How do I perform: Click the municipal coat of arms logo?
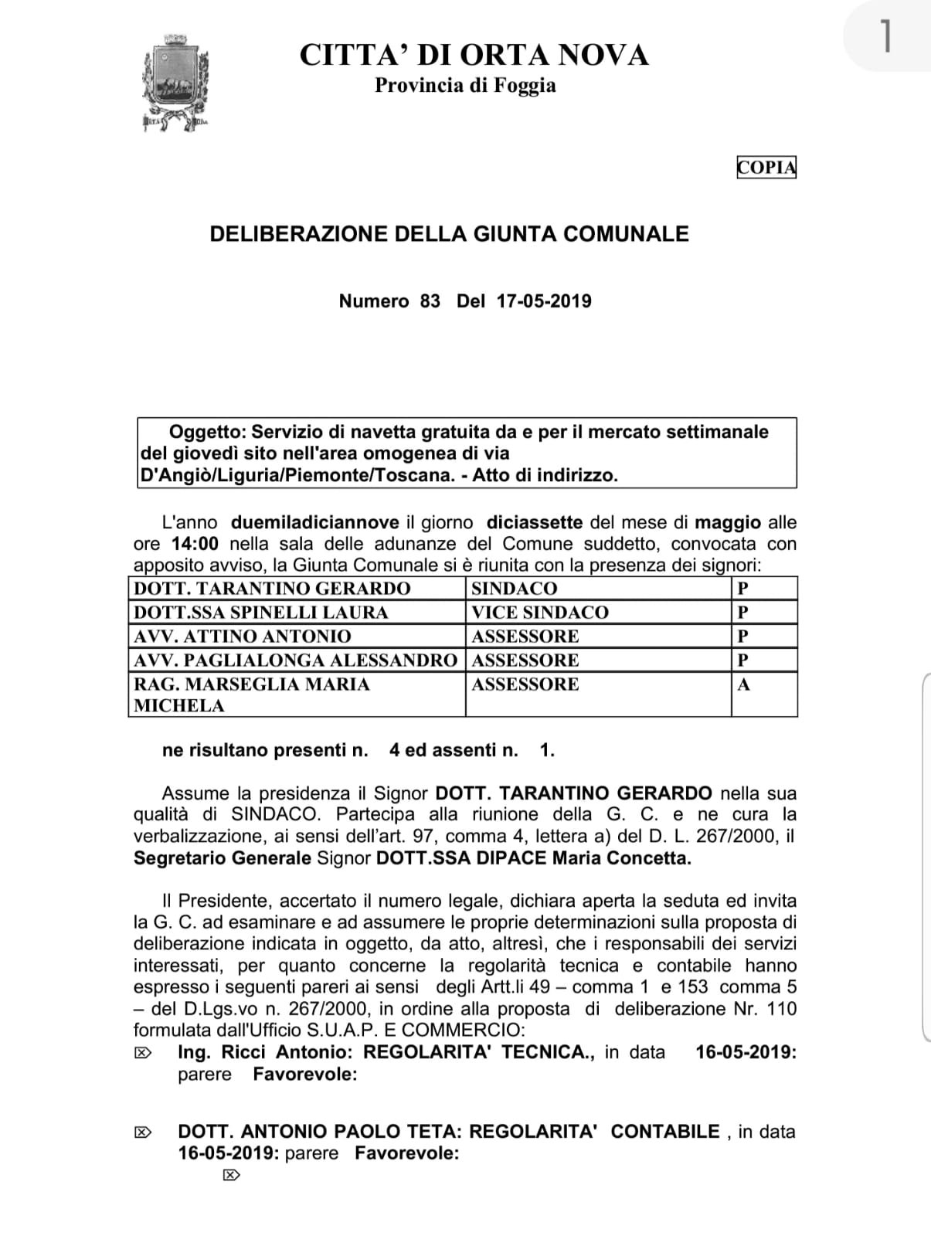175,82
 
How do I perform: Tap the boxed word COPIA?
766,168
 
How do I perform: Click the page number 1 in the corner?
886,36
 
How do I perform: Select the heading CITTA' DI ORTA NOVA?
474,55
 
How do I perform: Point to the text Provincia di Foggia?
465,85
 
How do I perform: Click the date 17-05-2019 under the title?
544,301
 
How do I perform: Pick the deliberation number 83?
430,301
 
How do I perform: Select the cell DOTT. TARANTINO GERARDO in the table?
272,589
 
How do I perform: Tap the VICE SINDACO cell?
540,613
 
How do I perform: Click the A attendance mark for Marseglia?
744,684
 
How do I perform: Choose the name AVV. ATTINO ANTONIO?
243,637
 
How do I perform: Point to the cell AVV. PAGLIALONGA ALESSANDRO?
295,660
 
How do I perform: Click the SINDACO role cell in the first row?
514,589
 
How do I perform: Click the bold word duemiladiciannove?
315,522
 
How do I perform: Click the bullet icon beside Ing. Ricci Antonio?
143,1053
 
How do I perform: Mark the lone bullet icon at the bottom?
230,1176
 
